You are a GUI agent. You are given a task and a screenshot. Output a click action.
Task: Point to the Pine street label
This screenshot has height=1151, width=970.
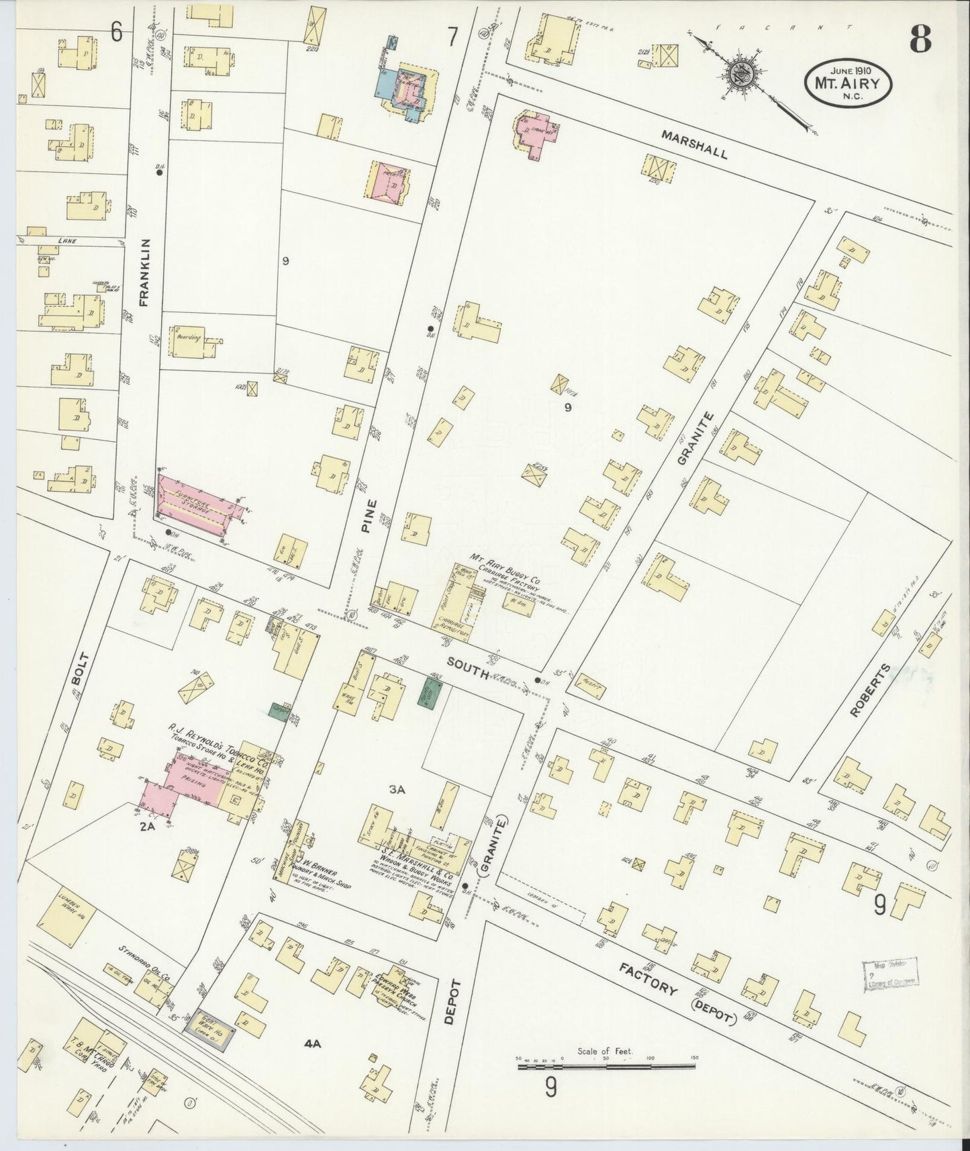[x=367, y=516]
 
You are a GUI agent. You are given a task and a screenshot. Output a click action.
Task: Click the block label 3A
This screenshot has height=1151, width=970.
[x=397, y=790]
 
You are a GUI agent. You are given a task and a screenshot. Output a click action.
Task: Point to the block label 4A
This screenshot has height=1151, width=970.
[x=313, y=1044]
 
